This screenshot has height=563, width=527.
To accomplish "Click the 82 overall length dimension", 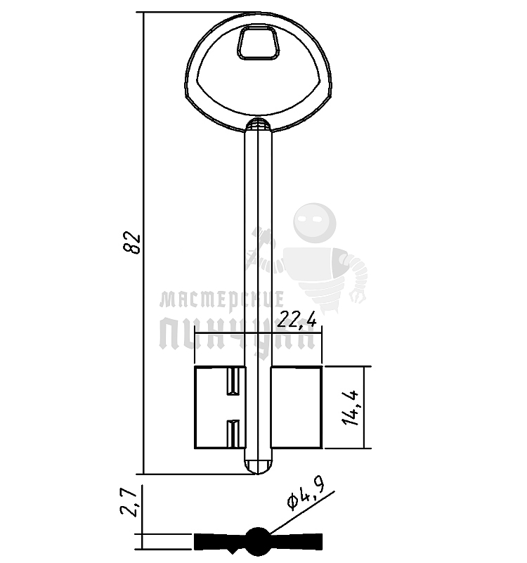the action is pyautogui.click(x=131, y=243).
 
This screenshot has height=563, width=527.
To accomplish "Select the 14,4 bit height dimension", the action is pyautogui.click(x=351, y=408).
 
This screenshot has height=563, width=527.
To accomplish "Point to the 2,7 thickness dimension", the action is pyautogui.click(x=129, y=503).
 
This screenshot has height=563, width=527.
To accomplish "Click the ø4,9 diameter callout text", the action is pyautogui.click(x=306, y=495).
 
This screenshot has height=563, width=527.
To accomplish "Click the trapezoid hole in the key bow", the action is pyautogui.click(x=258, y=42).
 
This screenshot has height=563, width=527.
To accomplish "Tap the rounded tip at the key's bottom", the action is pyautogui.click(x=258, y=466).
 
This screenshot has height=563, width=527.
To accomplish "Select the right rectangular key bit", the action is pyautogui.click(x=296, y=408).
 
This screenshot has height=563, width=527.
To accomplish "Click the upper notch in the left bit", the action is pyautogui.click(x=233, y=382).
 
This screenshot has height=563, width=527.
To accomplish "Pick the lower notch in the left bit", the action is pyautogui.click(x=233, y=434).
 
